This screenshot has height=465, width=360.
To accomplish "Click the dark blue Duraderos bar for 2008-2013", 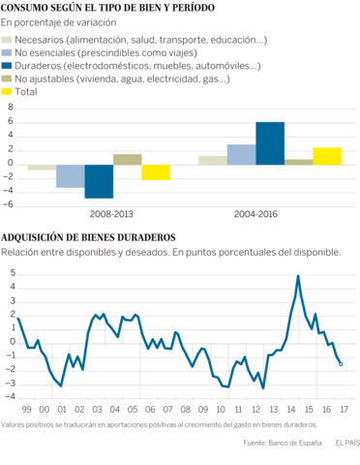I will tap(99, 180).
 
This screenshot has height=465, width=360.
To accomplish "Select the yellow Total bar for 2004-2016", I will tap(327, 155).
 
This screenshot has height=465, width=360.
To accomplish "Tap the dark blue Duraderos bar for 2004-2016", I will tap(270, 142).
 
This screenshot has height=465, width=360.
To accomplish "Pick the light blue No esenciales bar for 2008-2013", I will tap(70, 174).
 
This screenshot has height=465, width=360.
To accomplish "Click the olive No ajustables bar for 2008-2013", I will tap(127, 158).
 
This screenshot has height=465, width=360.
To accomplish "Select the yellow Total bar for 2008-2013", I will tap(156, 171).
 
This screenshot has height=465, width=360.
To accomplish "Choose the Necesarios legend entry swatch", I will tap(7, 39).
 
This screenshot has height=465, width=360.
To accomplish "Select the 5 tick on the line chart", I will tap(11, 273).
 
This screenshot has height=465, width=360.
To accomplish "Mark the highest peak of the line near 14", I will tap(298, 276).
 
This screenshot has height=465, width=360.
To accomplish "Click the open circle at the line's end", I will tap(341, 363).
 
